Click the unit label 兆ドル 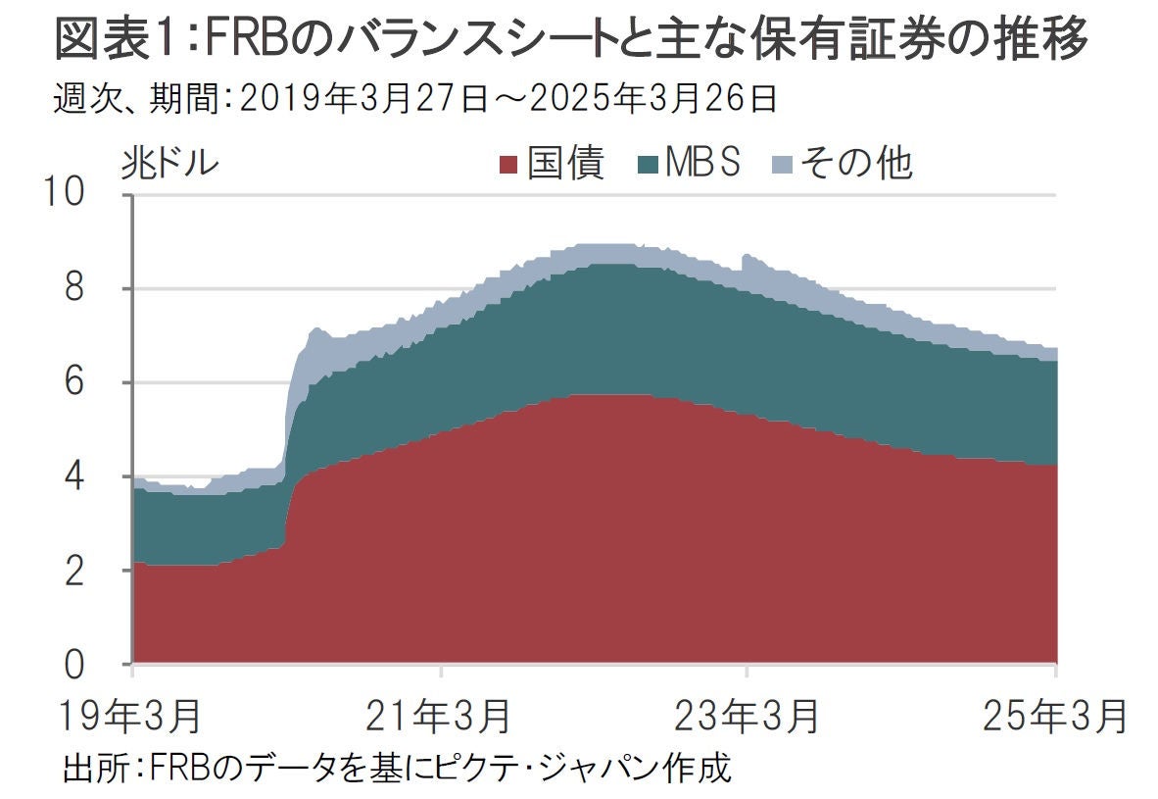coord(169,163)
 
